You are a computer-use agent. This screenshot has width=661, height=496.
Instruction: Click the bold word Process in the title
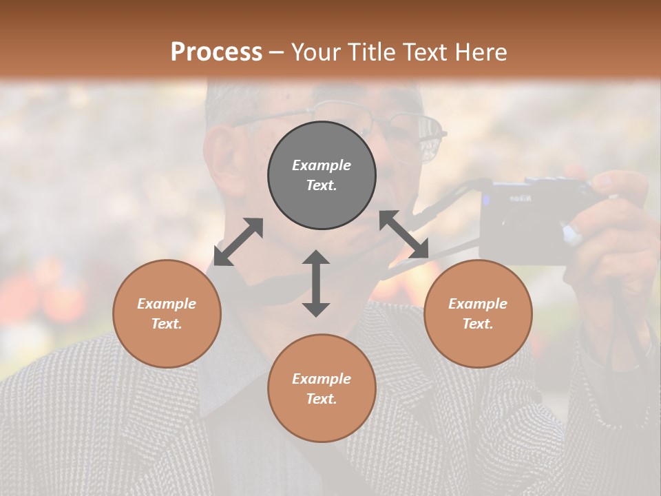(x=216, y=52)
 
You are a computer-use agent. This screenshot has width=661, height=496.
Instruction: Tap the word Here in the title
(x=481, y=52)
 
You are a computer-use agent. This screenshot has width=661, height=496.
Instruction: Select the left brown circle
(x=167, y=313)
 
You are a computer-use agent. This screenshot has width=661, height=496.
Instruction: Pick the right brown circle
(x=478, y=313)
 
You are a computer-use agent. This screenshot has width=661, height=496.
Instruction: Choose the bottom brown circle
(x=322, y=388)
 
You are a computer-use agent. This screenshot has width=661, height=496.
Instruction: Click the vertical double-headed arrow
(x=316, y=283)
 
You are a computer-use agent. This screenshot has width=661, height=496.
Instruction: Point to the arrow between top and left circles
(x=238, y=242)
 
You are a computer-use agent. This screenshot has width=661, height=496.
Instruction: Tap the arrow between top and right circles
(x=404, y=234)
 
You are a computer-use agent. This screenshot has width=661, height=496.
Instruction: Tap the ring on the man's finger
(x=572, y=234)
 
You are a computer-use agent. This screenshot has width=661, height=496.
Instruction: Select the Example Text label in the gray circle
(x=322, y=175)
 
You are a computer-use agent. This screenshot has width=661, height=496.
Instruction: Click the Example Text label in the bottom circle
(x=322, y=389)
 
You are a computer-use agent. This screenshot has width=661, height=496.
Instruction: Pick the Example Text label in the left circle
(x=167, y=313)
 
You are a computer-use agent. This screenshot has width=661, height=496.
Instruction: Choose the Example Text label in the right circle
(x=478, y=313)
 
